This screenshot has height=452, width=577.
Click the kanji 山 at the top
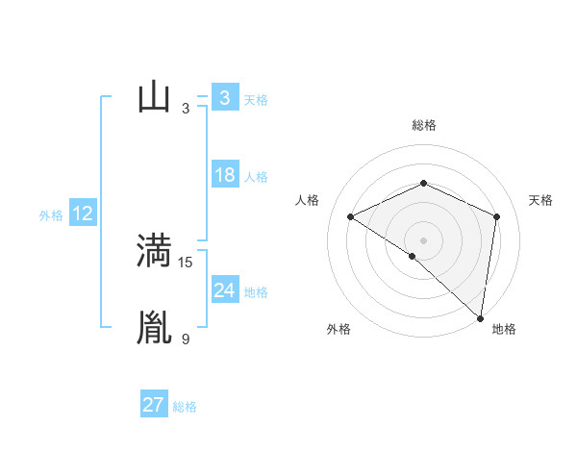[154, 98]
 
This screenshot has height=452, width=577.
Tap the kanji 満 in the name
[154, 251]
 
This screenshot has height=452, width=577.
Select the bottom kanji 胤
[154, 327]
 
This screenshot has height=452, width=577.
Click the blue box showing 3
[224, 98]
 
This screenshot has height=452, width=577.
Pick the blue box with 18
[224, 176]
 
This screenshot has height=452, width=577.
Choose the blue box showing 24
[224, 290]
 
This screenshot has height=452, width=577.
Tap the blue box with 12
[82, 213]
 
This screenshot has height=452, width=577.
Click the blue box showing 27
[153, 405]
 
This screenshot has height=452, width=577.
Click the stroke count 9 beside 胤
[186, 339]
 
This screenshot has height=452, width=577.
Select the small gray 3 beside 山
[186, 109]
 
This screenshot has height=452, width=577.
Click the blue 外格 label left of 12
[51, 215]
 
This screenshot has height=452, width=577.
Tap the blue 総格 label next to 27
[185, 407]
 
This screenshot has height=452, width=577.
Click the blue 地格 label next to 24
[256, 292]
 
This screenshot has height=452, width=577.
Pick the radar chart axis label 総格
[424, 125]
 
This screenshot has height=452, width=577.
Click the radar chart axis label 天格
[540, 200]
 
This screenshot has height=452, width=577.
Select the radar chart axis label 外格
[339, 329]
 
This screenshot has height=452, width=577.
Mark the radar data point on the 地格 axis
[481, 317]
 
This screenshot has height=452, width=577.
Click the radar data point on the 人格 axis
[350, 216]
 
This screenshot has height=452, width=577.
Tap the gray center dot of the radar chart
[423, 239]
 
